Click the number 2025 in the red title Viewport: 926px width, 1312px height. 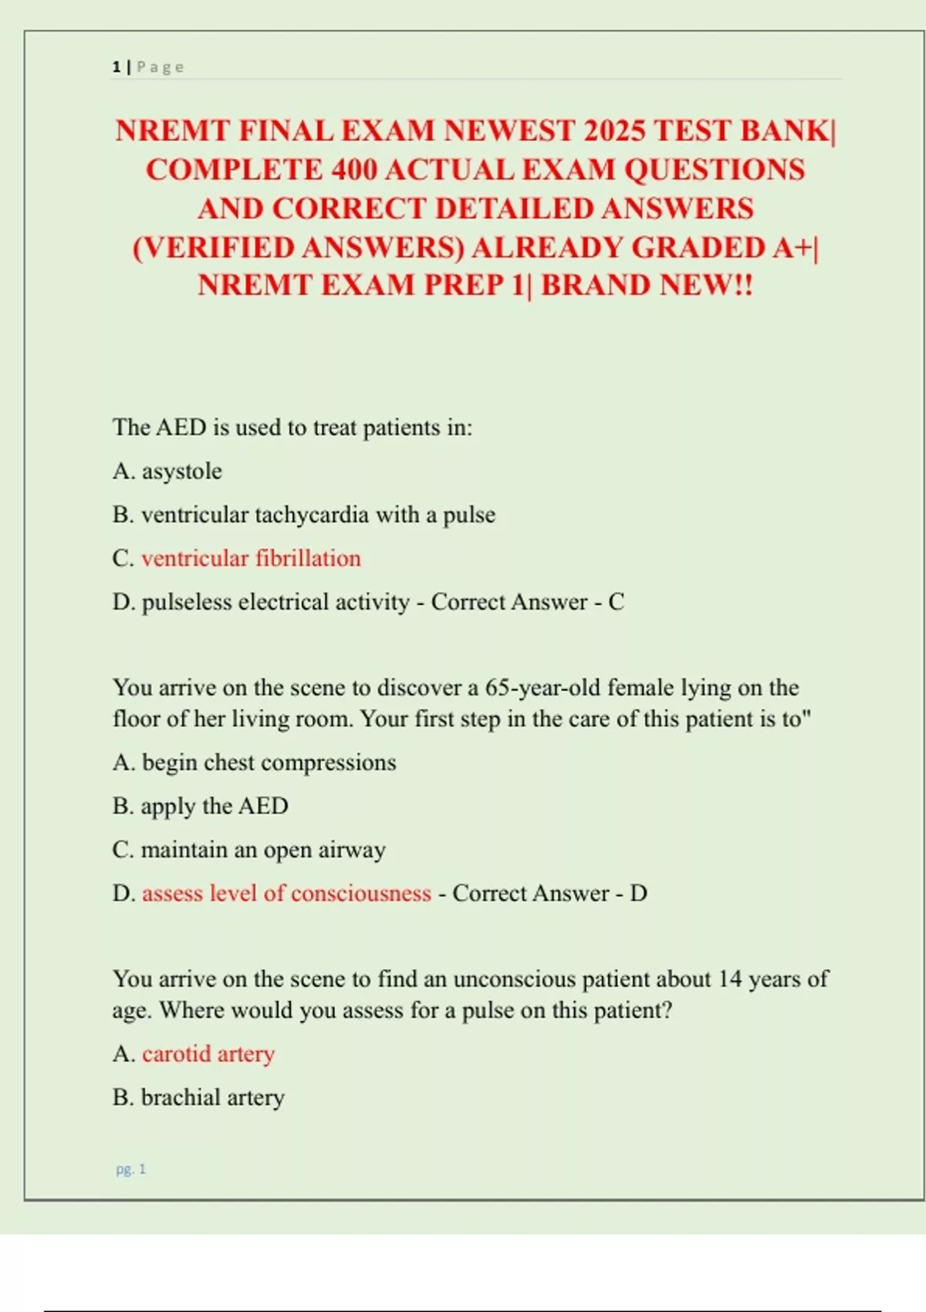click(x=615, y=130)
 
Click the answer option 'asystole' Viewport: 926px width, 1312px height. click(x=181, y=471)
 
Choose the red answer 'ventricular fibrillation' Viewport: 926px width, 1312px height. click(x=251, y=558)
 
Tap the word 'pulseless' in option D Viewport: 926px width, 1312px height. click(x=186, y=602)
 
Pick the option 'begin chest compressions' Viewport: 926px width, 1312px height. click(x=269, y=763)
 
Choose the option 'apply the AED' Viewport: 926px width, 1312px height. click(x=215, y=806)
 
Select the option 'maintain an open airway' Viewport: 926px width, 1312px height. click(x=262, y=850)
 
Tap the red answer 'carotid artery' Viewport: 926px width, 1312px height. click(x=208, y=1053)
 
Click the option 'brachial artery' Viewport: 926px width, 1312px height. click(x=213, y=1097)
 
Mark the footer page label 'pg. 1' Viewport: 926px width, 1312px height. click(x=130, y=1169)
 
